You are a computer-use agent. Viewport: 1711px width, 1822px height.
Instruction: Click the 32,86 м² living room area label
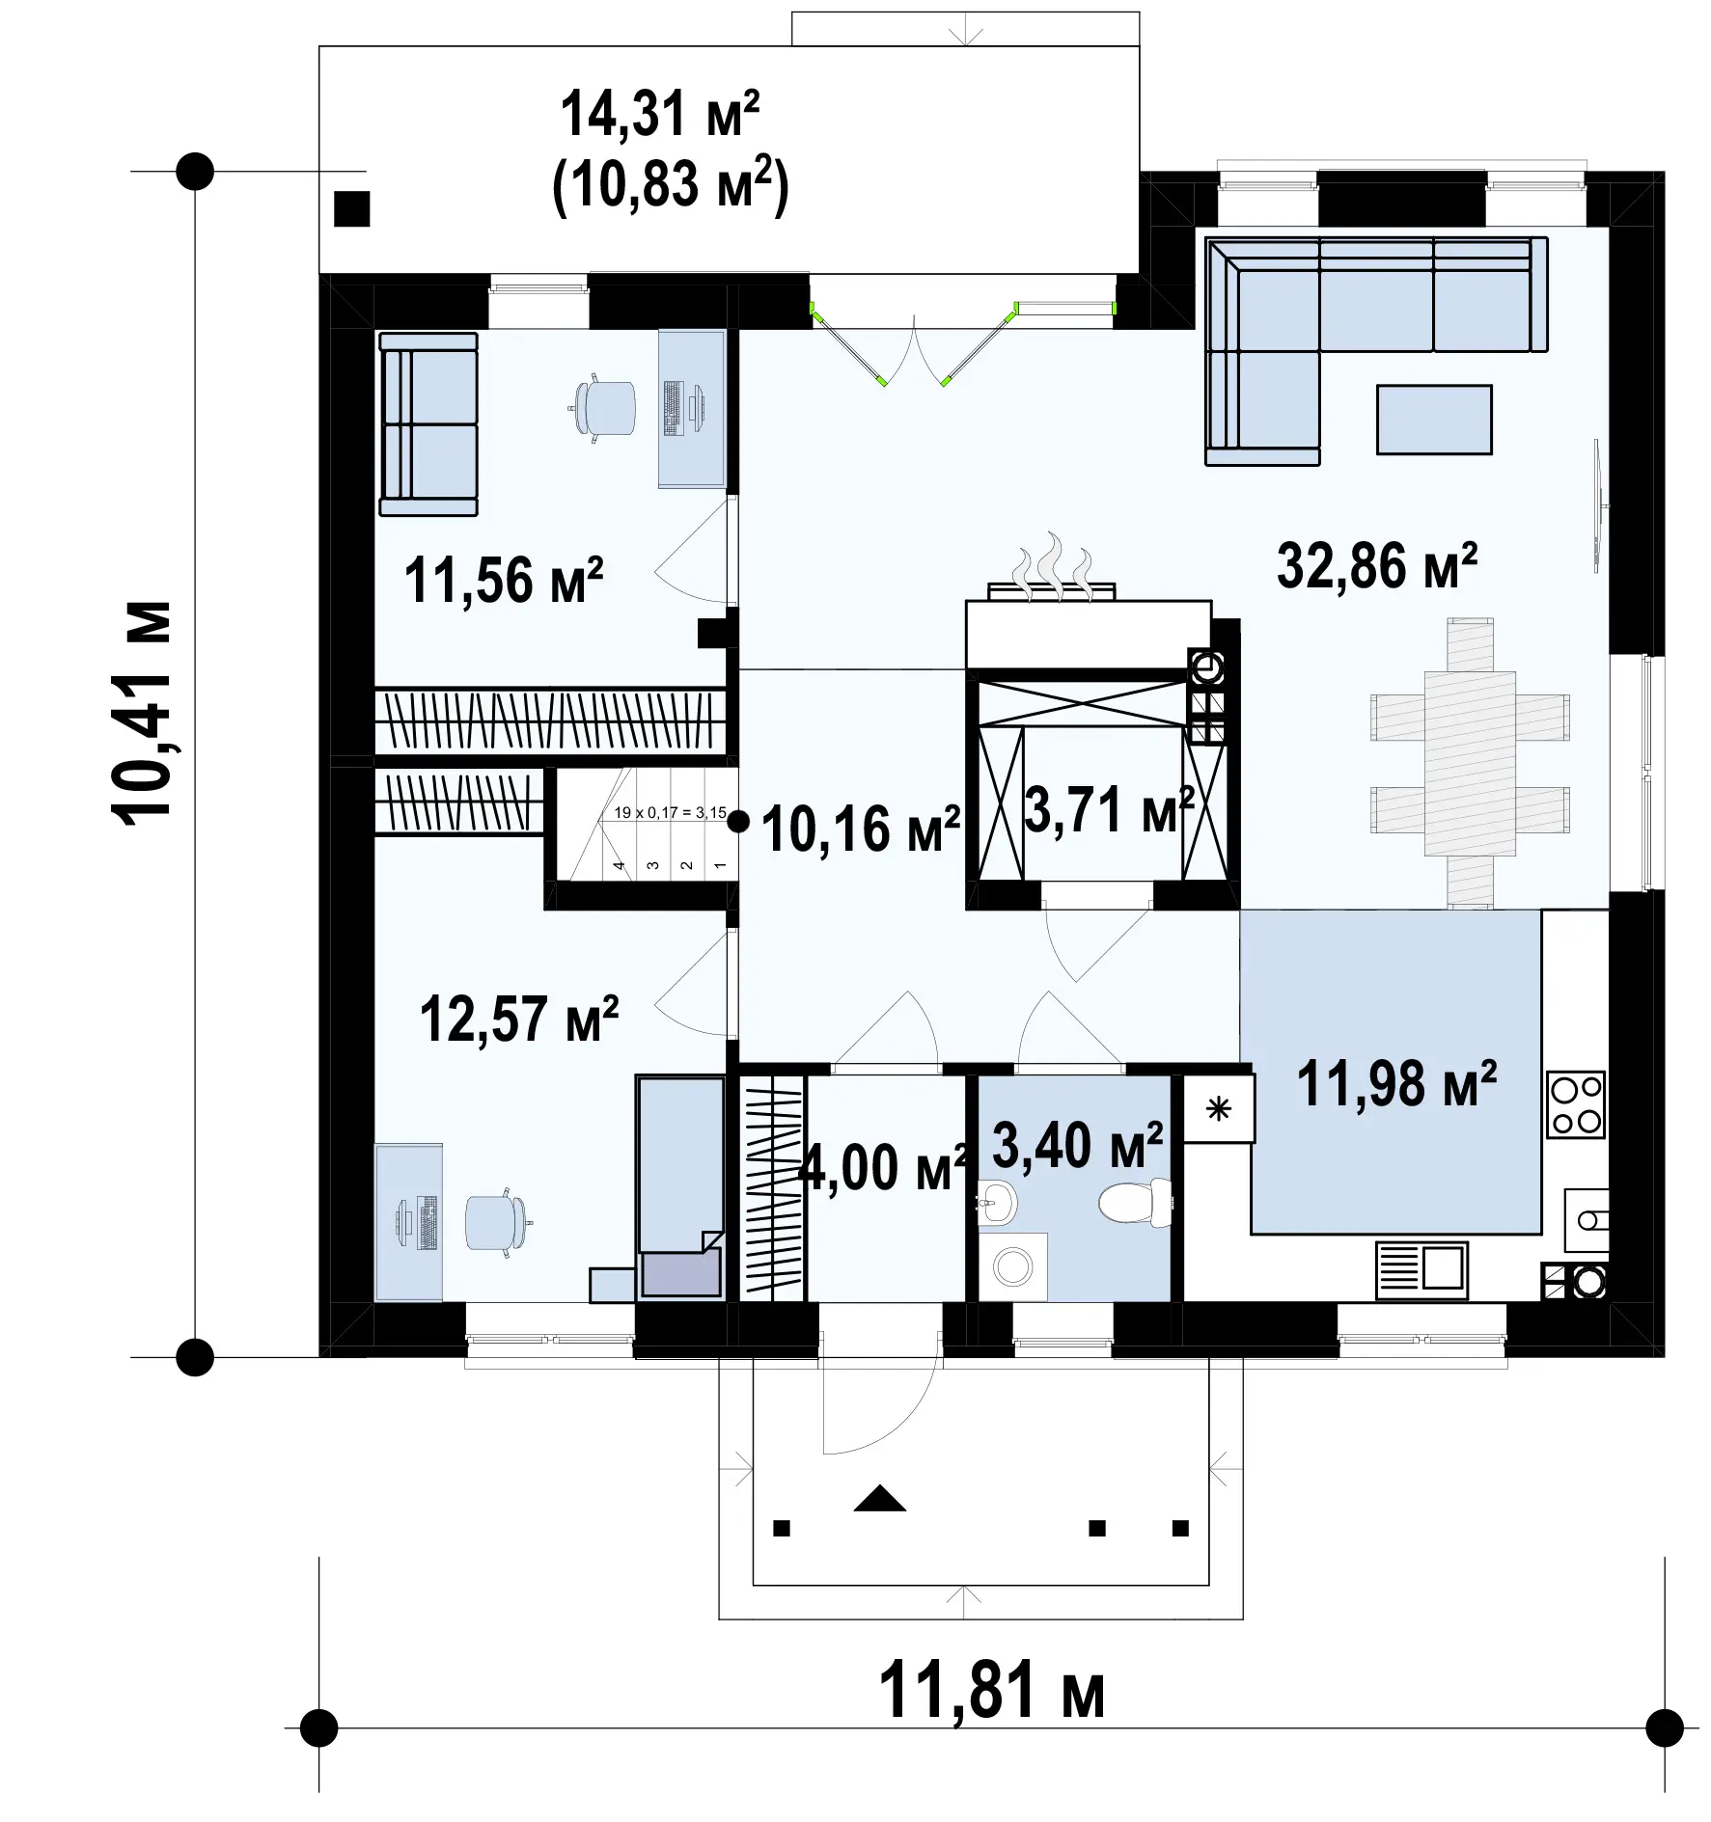(x=1377, y=566)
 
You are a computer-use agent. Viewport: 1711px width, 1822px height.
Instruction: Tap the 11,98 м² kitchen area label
(x=1396, y=1084)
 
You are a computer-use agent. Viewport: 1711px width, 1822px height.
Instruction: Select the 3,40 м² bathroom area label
(x=1077, y=1145)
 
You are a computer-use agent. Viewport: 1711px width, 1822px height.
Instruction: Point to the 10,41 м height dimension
(x=144, y=711)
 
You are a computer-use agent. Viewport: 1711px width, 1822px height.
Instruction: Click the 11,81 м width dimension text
(x=991, y=1689)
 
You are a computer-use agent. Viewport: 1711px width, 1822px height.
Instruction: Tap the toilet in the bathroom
(x=1135, y=1204)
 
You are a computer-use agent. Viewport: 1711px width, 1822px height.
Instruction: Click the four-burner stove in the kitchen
(x=1576, y=1104)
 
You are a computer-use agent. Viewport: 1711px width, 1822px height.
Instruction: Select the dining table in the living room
(x=1470, y=762)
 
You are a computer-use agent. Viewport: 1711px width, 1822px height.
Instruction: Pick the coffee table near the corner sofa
(x=1434, y=420)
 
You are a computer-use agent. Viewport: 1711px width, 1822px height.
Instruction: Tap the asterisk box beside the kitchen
(x=1219, y=1109)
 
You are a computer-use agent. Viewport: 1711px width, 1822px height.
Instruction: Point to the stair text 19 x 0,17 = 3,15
(x=670, y=813)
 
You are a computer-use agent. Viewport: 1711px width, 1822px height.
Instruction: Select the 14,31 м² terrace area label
(x=660, y=114)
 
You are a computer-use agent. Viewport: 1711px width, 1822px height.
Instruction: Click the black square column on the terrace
(x=352, y=208)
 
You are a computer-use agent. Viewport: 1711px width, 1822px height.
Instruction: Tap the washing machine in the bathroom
(x=1012, y=1266)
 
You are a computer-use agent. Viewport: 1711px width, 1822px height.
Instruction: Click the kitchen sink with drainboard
(x=1421, y=1270)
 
